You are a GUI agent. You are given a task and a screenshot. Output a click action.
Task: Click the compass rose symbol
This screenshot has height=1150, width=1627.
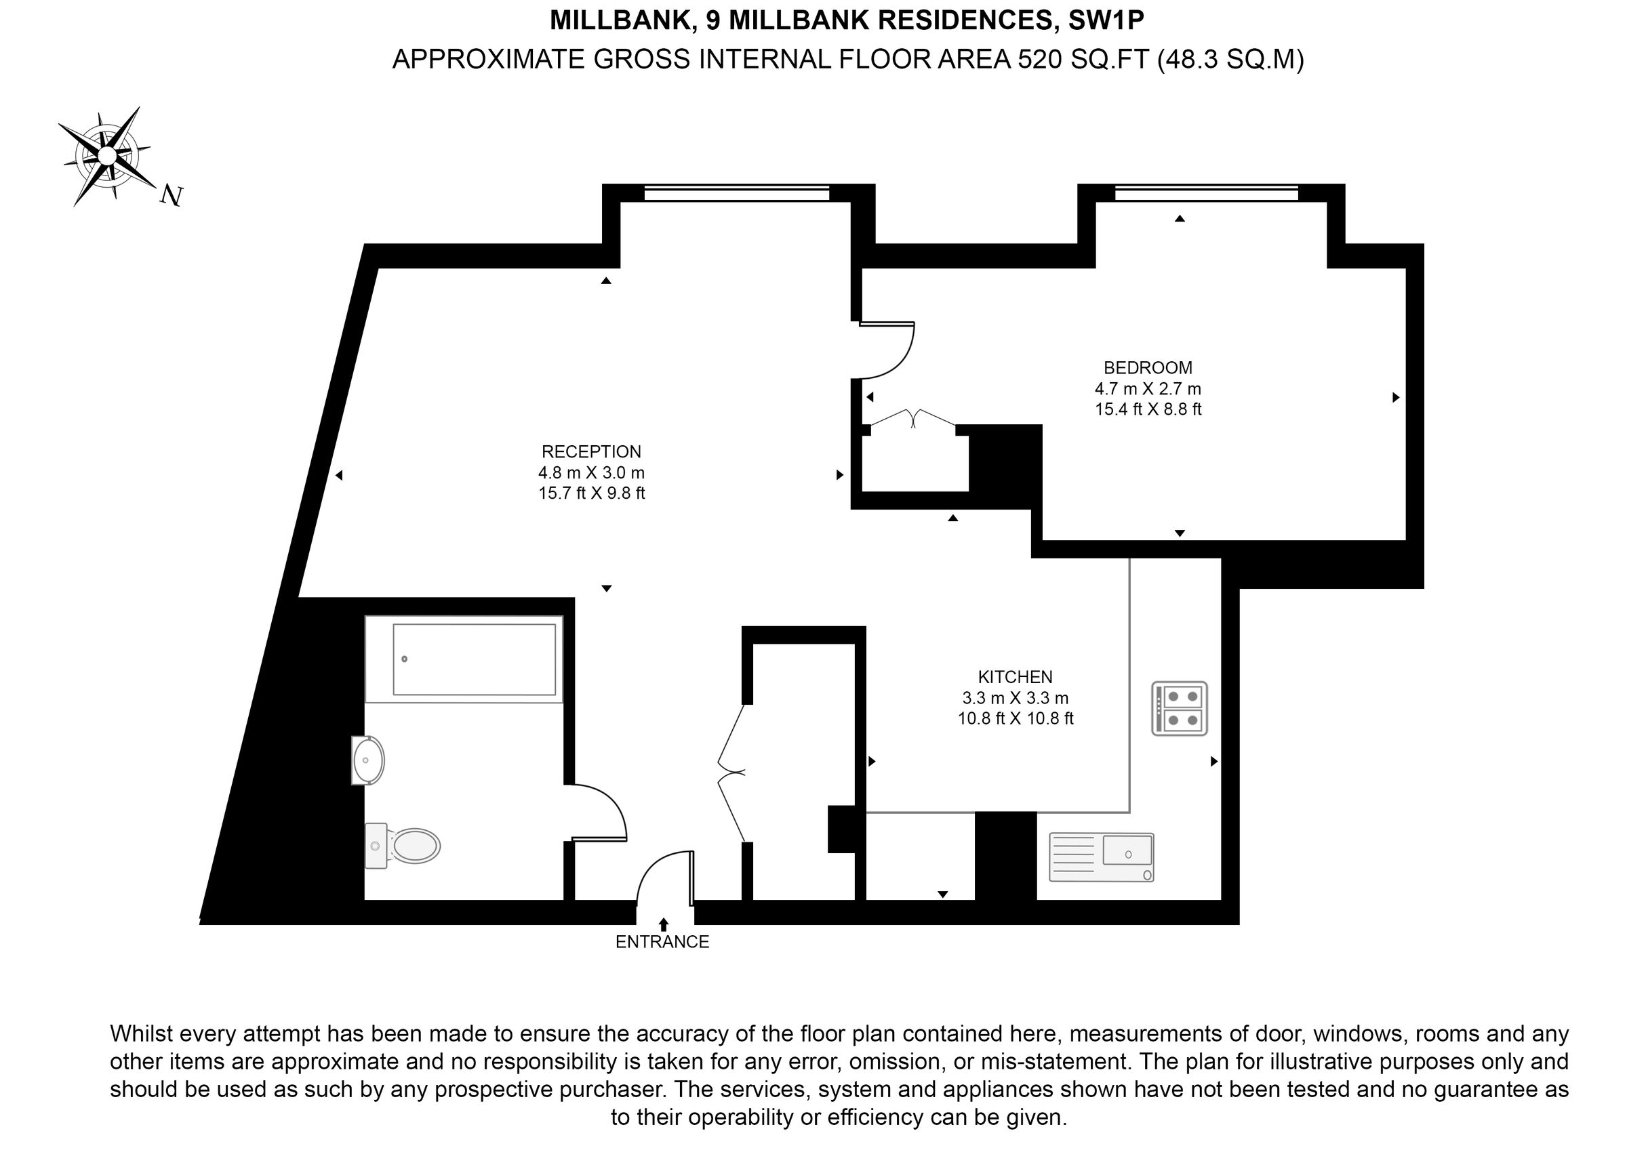click(x=107, y=155)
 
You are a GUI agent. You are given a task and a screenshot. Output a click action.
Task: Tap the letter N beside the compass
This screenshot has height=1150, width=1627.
click(x=172, y=195)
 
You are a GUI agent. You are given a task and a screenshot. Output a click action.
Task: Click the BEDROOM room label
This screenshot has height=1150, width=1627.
click(x=1147, y=368)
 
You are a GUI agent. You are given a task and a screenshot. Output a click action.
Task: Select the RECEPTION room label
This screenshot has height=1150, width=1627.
click(x=591, y=452)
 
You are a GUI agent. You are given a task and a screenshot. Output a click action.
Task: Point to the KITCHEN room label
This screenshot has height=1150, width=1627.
click(x=1015, y=677)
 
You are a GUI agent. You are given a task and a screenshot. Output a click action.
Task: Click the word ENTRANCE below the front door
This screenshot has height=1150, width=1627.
click(x=662, y=942)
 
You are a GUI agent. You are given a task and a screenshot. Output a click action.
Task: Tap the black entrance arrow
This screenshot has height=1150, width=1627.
click(x=663, y=924)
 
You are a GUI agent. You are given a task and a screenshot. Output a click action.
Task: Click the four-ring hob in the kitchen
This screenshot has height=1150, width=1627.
click(x=1179, y=709)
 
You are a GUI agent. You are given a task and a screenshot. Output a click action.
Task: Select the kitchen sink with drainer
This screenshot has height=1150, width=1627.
click(x=1100, y=857)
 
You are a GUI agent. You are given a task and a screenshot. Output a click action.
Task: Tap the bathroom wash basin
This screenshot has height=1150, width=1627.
click(x=368, y=760)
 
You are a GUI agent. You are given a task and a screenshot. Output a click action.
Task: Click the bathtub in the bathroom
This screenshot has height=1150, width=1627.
click(x=464, y=659)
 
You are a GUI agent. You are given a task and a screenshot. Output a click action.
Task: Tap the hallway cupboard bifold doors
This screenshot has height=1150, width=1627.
click(x=732, y=773)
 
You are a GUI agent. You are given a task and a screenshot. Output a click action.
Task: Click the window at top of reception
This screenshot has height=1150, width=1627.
click(x=737, y=192)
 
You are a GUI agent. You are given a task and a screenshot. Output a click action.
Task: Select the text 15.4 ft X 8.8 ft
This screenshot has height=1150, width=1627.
click(x=1148, y=409)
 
